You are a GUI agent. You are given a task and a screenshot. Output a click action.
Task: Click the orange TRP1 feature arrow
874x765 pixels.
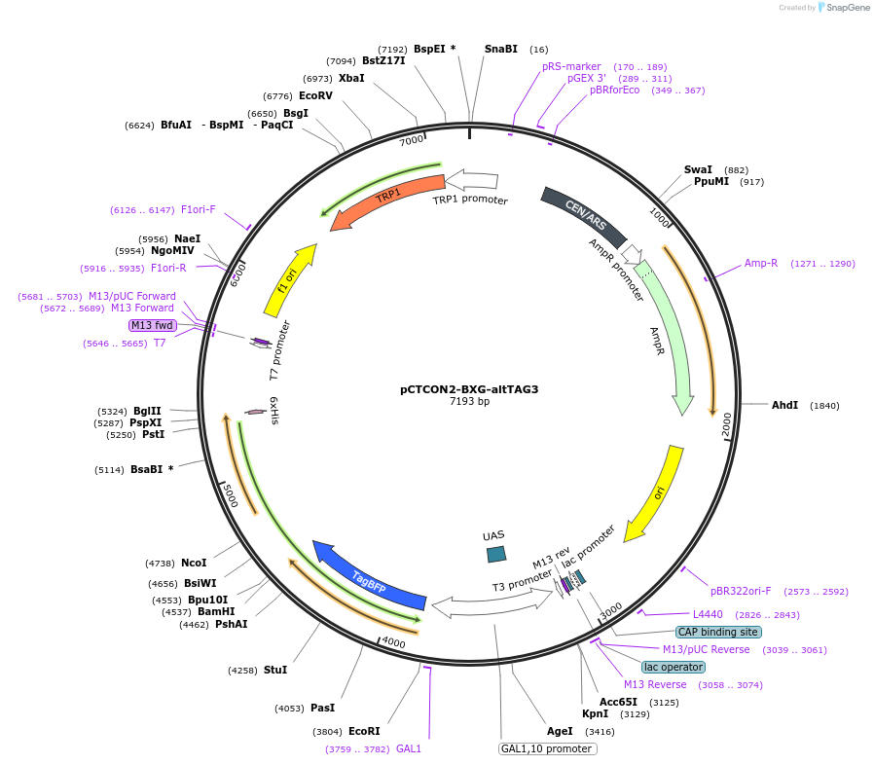coord(388,200)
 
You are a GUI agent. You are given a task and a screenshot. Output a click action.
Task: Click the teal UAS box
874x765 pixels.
coord(496,554)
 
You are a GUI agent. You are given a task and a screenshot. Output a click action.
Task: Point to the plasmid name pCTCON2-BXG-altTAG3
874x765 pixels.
coord(469,389)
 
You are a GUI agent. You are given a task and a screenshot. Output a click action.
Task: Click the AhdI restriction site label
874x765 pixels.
coord(784,405)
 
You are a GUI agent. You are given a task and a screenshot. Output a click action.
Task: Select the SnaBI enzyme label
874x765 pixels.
coord(501,49)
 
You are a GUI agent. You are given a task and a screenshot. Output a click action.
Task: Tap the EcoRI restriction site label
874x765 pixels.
coord(364,731)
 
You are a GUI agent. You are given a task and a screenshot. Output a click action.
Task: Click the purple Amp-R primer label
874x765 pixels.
coord(761,263)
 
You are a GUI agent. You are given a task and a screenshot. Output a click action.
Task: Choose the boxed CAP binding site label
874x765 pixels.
coord(719,632)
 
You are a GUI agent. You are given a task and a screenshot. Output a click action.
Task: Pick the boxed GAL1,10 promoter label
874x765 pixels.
coord(547,748)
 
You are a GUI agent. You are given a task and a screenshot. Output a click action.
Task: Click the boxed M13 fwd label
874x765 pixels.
coord(153,325)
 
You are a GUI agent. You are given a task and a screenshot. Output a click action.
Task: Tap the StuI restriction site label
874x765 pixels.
coord(275,670)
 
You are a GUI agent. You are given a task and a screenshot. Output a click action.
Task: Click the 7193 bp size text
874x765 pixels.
coord(469,401)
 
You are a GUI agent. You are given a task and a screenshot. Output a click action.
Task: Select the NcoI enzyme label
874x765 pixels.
coord(194,563)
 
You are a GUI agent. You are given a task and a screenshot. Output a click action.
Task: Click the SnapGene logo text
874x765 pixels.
coord(843,8)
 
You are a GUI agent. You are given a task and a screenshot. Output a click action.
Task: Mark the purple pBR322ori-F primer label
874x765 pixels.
coord(740,591)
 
